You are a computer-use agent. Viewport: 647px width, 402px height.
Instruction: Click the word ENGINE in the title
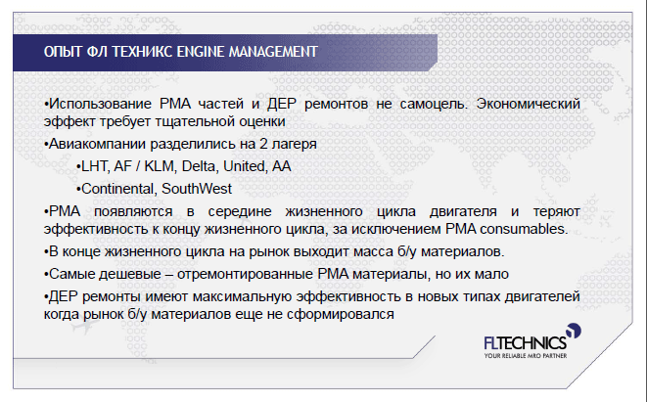tap(201, 52)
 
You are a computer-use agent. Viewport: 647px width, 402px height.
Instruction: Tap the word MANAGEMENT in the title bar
tap(273, 52)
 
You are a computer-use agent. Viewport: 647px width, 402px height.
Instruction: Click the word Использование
tap(100, 104)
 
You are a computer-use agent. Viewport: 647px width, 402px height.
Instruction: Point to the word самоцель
tap(434, 104)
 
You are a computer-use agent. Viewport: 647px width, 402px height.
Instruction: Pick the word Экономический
tap(529, 104)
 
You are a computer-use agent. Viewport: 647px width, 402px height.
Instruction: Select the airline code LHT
tap(95, 166)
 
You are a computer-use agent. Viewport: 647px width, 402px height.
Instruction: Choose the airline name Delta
tap(200, 166)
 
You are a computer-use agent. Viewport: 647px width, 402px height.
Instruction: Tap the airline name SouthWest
tap(197, 189)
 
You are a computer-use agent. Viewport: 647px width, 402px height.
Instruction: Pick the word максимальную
tap(243, 296)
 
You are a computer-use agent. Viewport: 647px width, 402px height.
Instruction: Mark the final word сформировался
tap(341, 314)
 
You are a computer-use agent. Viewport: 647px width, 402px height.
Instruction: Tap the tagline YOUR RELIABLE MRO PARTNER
tap(526, 355)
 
